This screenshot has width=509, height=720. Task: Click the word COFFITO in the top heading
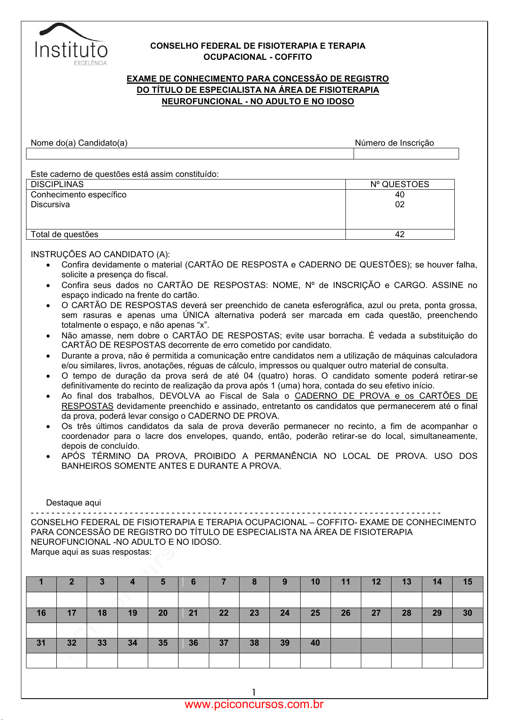coord(293,57)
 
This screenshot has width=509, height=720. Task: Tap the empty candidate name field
coord(190,154)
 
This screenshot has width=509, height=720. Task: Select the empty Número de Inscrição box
coord(406,154)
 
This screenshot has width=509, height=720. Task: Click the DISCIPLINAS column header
coord(57,184)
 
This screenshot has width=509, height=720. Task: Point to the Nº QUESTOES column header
coord(400,184)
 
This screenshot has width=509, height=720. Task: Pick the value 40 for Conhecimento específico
coord(400,194)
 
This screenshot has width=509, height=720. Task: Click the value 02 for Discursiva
coord(400,204)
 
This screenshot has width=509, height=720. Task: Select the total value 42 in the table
coord(400,234)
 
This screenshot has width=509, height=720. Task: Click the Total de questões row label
coord(64,234)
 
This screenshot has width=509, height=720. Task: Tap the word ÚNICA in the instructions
coord(196,315)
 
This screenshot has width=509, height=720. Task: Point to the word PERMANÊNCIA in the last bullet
coord(286,456)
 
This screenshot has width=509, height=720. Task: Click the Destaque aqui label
coord(73,503)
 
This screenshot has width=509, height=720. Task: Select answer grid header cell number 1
coord(41,582)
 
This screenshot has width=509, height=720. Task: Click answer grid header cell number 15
coord(468,582)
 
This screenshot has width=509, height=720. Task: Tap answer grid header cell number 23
coord(254,613)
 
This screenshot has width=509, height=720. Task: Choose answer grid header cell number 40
coord(315,643)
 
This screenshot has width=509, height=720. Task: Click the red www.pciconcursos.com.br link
coord(254,704)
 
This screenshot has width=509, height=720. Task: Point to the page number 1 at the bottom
coord(254,692)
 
